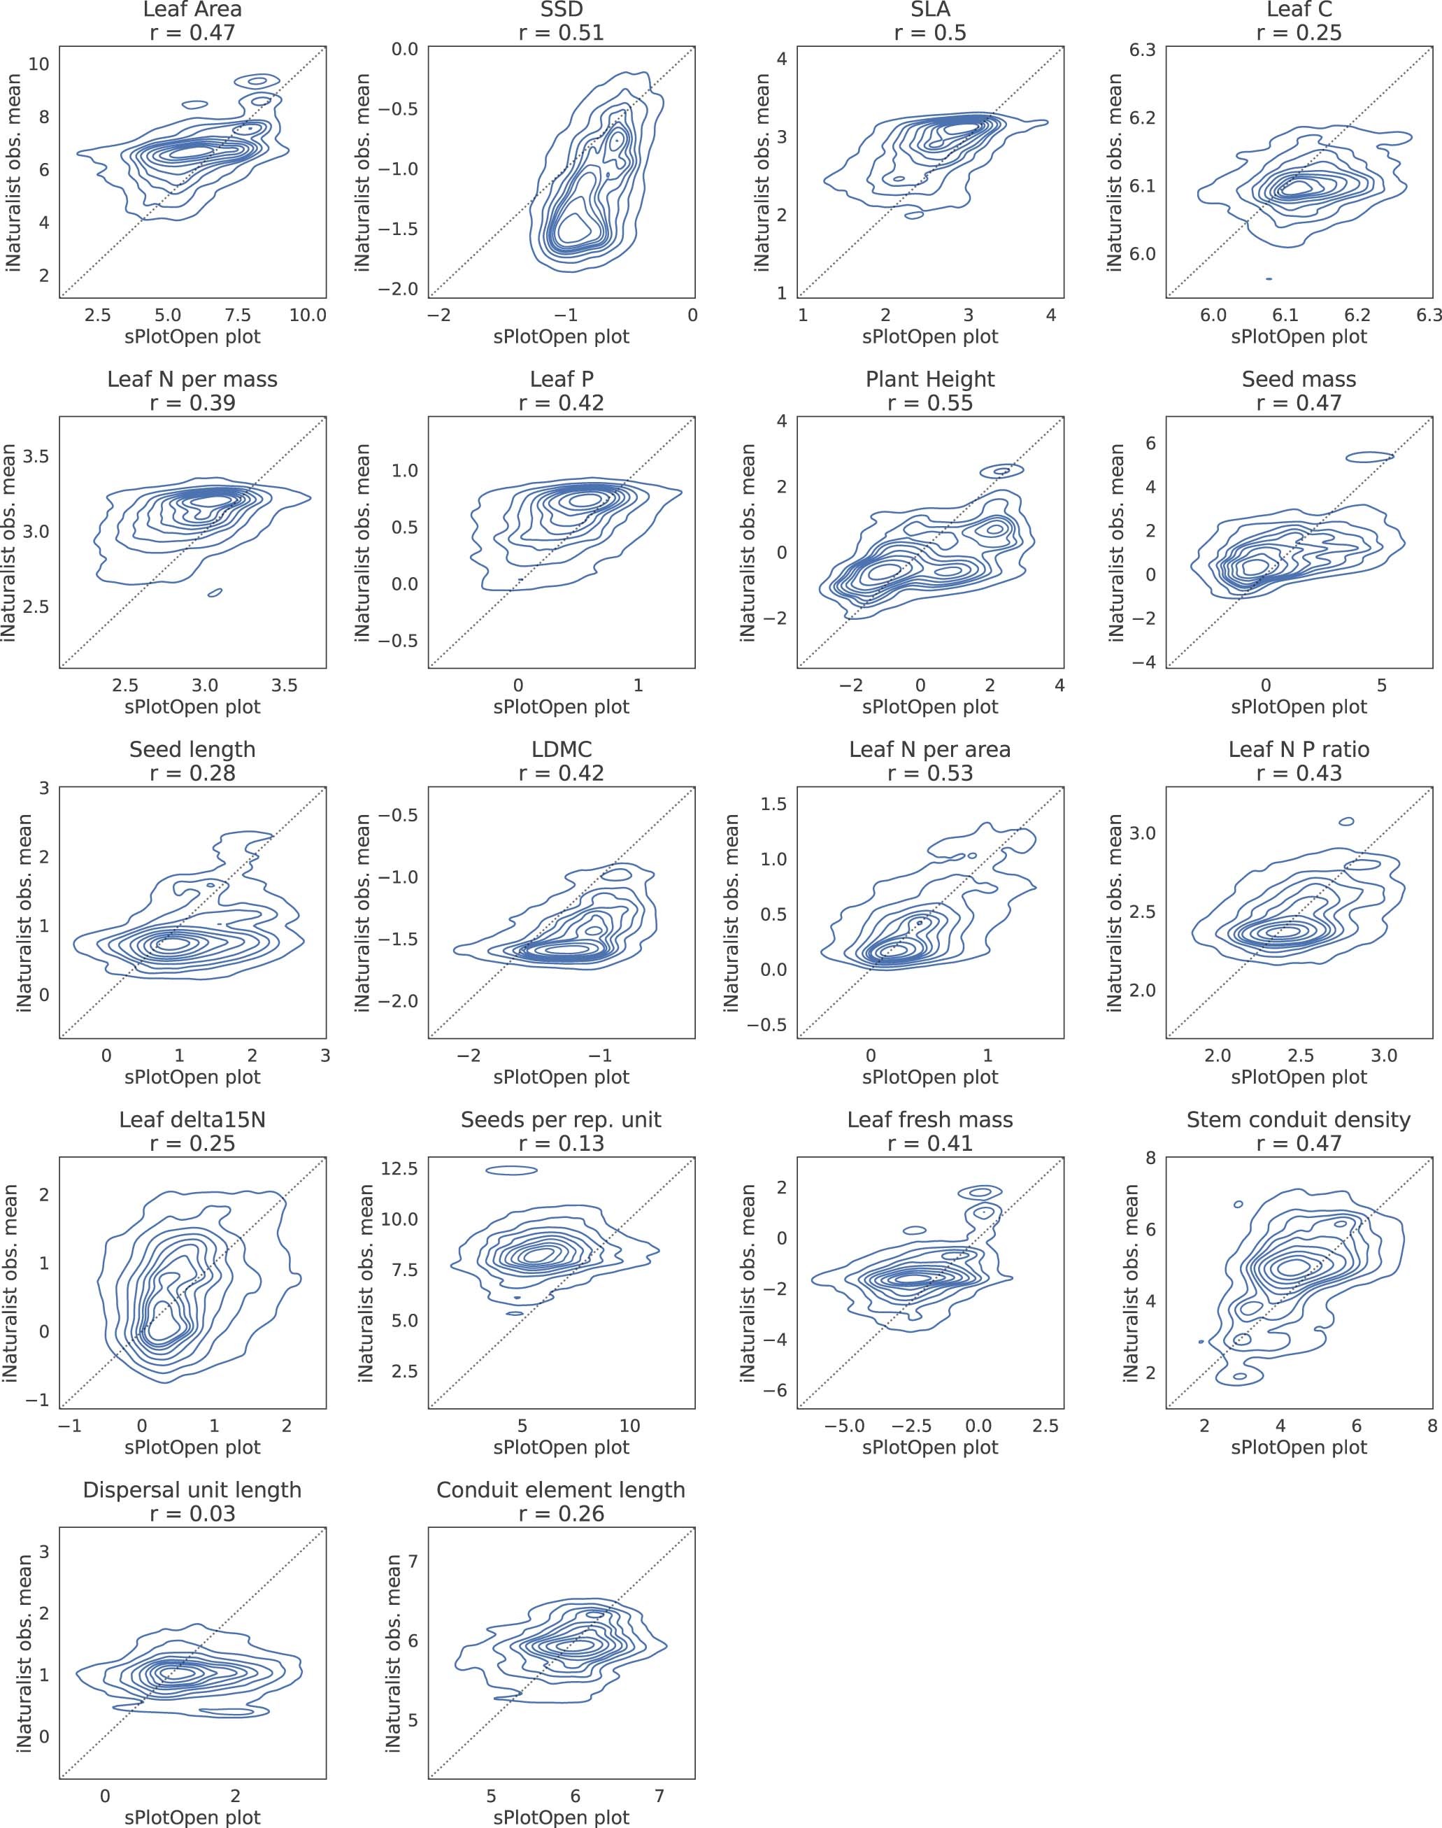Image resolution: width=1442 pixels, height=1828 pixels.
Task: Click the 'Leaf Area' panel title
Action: pyautogui.click(x=192, y=10)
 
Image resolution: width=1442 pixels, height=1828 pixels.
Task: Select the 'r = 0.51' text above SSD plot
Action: pyautogui.click(x=562, y=33)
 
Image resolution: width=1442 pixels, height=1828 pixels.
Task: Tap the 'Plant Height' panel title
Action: pyautogui.click(x=929, y=380)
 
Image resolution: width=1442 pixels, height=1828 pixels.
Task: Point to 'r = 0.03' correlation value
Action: pyautogui.click(x=192, y=1514)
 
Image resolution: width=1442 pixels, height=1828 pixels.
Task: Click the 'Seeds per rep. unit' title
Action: pyautogui.click(x=562, y=1121)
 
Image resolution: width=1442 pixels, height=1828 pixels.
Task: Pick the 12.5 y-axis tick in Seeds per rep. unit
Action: pyautogui.click(x=400, y=1168)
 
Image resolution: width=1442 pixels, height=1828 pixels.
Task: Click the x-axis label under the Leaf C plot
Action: pyautogui.click(x=1299, y=337)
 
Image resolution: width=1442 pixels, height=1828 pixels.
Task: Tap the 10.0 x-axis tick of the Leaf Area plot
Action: pyautogui.click(x=307, y=316)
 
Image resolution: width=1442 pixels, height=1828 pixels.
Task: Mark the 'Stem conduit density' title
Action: pyautogui.click(x=1299, y=1121)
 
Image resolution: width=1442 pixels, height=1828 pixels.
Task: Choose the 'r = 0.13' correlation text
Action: pyautogui.click(x=562, y=1144)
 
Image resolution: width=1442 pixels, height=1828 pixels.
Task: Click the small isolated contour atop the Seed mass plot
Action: pyautogui.click(x=1369, y=457)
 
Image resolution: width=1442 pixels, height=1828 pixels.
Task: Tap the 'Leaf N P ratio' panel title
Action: pyautogui.click(x=1299, y=750)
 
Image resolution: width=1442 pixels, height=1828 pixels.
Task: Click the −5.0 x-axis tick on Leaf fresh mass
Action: pyautogui.click(x=844, y=1427)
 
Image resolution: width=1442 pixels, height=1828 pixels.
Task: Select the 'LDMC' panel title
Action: pyautogui.click(x=562, y=750)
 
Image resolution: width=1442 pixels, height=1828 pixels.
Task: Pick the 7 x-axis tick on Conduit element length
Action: pyautogui.click(x=659, y=1797)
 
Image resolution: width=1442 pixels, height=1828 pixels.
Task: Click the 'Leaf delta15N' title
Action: pyautogui.click(x=192, y=1121)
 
